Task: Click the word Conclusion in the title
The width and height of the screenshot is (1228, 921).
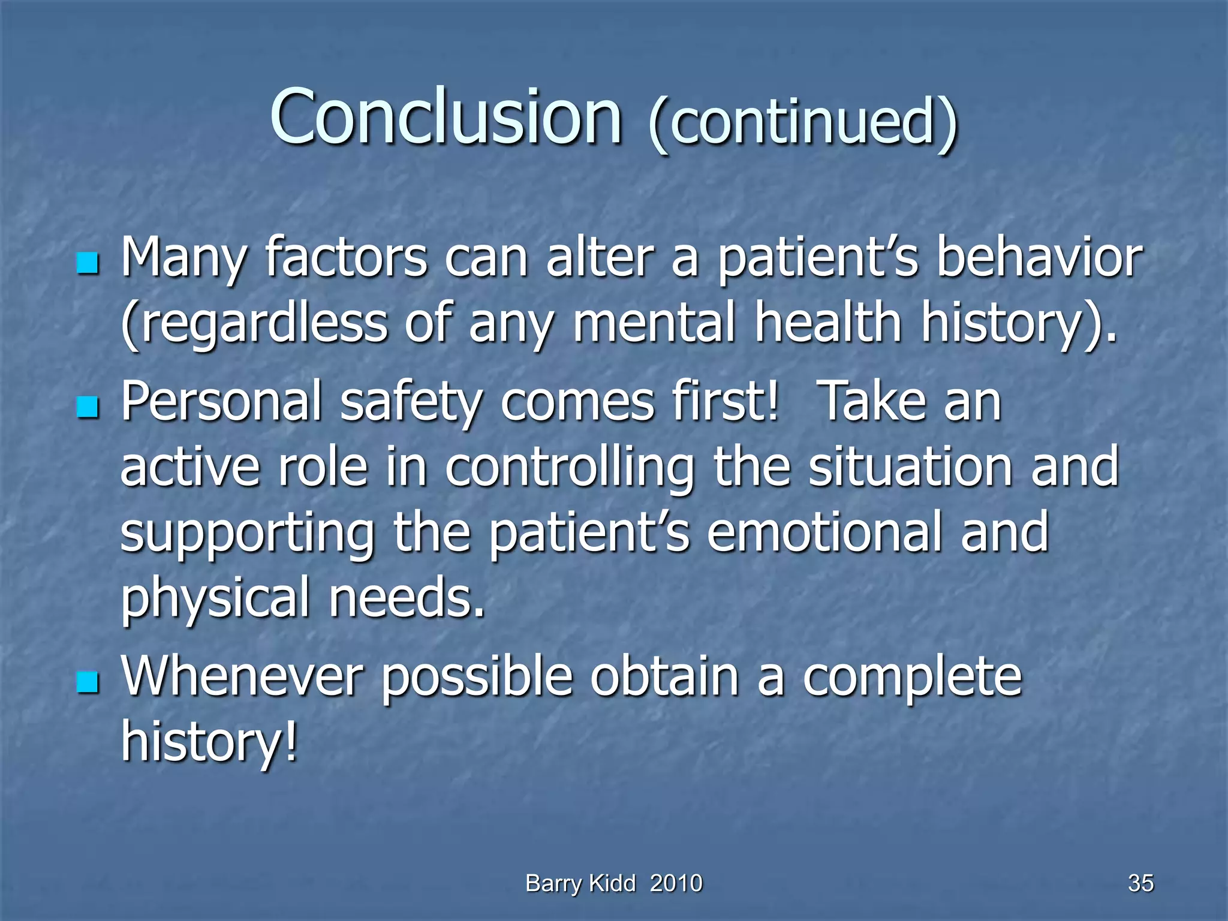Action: pos(446,117)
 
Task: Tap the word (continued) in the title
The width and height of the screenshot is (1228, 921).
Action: pos(802,123)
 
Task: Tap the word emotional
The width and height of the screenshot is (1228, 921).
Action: pos(824,532)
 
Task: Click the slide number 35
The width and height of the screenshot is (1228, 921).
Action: pos(1140,883)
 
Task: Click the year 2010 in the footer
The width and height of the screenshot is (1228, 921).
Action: pos(676,883)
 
